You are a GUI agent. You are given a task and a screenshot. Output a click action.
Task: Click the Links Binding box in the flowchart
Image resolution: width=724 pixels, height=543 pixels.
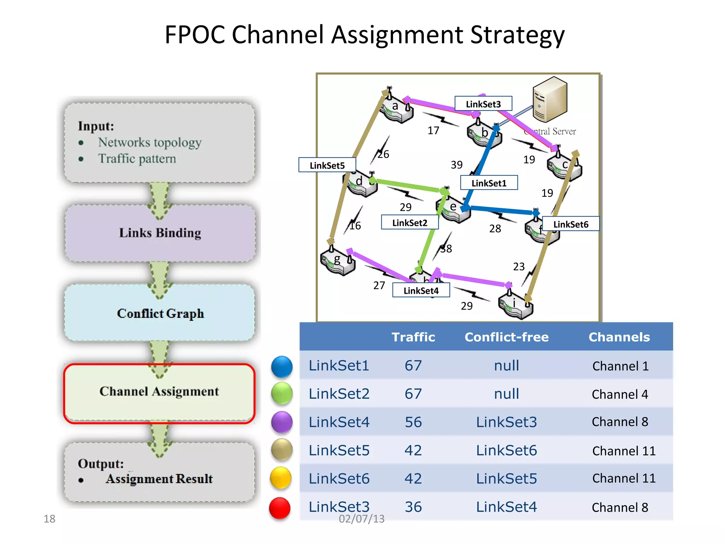pyautogui.click(x=160, y=233)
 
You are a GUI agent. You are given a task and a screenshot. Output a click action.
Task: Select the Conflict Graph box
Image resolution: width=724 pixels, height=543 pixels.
pyautogui.click(x=160, y=313)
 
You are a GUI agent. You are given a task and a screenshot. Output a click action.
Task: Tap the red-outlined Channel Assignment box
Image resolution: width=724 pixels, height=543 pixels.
pyautogui.click(x=159, y=392)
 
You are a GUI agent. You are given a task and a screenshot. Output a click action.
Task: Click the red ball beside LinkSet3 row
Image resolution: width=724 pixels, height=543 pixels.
pyautogui.click(x=280, y=508)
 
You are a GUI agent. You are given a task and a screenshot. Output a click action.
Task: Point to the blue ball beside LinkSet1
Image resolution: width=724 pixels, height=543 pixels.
pyautogui.click(x=282, y=367)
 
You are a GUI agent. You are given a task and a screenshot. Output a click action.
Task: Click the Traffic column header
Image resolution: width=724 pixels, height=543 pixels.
pyautogui.click(x=413, y=337)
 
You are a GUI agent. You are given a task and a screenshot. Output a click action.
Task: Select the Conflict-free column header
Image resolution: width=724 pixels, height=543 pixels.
pyautogui.click(x=506, y=337)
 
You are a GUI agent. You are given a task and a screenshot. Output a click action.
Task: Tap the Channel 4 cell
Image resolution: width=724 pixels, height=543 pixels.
pyautogui.click(x=620, y=394)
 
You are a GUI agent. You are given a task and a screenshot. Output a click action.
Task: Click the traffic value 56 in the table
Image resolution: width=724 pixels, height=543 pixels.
pyautogui.click(x=413, y=422)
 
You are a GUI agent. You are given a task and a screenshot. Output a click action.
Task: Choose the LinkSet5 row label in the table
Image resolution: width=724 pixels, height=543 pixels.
pyautogui.click(x=339, y=450)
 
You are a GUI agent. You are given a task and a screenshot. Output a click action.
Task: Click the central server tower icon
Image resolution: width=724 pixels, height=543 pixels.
pyautogui.click(x=550, y=100)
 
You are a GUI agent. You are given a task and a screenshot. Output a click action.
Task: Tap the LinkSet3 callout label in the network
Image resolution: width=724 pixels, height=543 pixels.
pyautogui.click(x=483, y=104)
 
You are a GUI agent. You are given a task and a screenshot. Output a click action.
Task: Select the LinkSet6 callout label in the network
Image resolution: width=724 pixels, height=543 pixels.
pyautogui.click(x=571, y=224)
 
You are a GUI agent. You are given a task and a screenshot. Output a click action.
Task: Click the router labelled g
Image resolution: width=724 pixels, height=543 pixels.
pyautogui.click(x=338, y=262)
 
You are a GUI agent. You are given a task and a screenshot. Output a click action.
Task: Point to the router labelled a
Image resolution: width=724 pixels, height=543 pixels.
pyautogui.click(x=396, y=108)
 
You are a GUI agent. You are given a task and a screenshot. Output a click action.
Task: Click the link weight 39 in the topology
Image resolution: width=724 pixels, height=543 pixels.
pyautogui.click(x=456, y=165)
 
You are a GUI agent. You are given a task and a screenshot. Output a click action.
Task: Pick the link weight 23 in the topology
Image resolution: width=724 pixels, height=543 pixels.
pyautogui.click(x=519, y=267)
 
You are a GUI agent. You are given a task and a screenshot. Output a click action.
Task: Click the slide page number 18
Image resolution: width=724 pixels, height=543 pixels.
pyautogui.click(x=49, y=519)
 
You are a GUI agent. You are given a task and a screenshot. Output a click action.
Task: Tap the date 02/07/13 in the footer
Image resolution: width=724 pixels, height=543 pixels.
pyautogui.click(x=361, y=519)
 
